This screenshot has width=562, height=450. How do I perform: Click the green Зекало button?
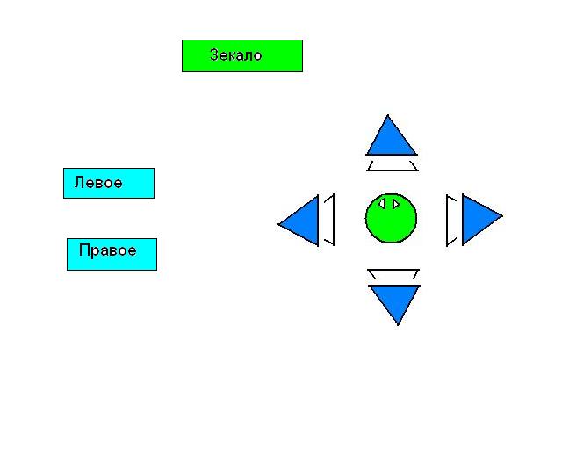pyautogui.click(x=242, y=55)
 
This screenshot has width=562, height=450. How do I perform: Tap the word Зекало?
pyautogui.click(x=236, y=55)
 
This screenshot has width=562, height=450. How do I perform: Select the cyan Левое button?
pyautogui.click(x=109, y=183)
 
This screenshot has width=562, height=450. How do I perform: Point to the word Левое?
pyautogui.click(x=98, y=183)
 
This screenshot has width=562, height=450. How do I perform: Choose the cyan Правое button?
pyautogui.click(x=112, y=254)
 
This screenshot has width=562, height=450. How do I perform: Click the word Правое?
pyautogui.click(x=107, y=250)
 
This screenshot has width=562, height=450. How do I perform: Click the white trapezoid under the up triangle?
pyautogui.click(x=393, y=165)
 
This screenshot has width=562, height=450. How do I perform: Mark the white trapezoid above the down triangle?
pyautogui.click(x=393, y=274)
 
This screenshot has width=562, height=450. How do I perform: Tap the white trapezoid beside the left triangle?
pyautogui.click(x=329, y=220)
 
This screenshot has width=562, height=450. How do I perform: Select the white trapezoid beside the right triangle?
pyautogui.click(x=451, y=220)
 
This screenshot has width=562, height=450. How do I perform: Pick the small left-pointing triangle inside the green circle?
pyautogui.click(x=382, y=204)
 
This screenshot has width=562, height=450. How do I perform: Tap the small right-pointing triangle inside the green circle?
pyautogui.click(x=396, y=204)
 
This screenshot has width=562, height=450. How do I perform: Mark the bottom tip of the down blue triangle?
pyautogui.click(x=398, y=324)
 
